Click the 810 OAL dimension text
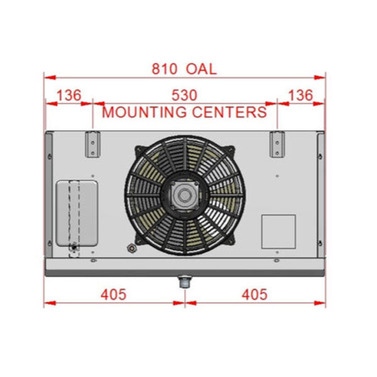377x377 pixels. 184,69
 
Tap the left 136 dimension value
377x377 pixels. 69,96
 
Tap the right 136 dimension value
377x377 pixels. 300,96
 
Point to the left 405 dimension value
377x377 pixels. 113,294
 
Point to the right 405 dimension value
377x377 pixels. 254,294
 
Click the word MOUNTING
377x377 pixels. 144,112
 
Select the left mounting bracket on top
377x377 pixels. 92,144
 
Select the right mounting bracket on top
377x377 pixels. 276,144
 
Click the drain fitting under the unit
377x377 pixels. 185,281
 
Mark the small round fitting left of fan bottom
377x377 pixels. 131,249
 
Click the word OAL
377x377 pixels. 202,69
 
